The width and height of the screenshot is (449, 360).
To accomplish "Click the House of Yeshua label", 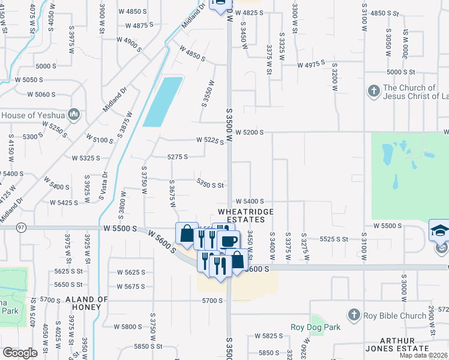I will (x=32, y=115).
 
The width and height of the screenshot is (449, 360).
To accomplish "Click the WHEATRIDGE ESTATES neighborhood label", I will (x=246, y=216).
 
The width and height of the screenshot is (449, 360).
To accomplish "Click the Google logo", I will (x=20, y=353).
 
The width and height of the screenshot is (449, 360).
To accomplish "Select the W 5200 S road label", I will (x=249, y=131).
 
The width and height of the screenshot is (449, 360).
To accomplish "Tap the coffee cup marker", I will (x=229, y=241).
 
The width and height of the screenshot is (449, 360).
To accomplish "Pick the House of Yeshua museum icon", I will (x=74, y=114).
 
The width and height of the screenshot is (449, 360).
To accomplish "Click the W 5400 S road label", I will (x=249, y=202).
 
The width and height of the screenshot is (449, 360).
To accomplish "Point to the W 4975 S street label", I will (x=310, y=62).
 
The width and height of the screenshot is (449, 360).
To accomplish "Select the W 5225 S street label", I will (x=210, y=141).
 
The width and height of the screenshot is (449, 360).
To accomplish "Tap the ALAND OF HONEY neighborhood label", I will (x=86, y=302).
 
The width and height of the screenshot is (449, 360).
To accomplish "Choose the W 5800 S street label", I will (x=128, y=326).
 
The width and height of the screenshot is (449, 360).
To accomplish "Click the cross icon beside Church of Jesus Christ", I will (x=373, y=91).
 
